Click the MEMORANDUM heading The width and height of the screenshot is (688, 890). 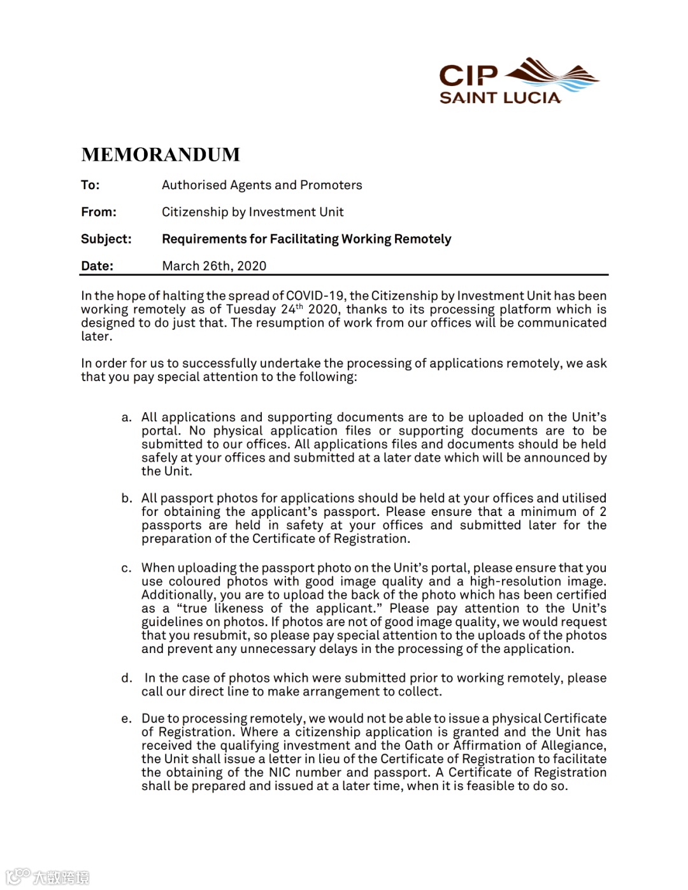(161, 155)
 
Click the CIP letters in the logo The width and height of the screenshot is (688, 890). (468, 76)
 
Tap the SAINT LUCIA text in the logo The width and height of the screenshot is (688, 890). (500, 98)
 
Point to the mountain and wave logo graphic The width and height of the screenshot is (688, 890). (552, 75)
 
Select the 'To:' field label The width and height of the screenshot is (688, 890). (90, 185)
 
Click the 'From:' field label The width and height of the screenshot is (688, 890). (99, 212)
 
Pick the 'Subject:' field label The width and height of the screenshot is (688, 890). (106, 239)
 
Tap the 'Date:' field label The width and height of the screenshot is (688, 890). (97, 266)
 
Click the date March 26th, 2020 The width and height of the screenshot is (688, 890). (214, 266)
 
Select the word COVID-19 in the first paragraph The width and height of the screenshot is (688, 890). (315, 296)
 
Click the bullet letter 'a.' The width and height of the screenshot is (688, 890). (127, 418)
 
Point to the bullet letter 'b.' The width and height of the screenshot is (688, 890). (127, 498)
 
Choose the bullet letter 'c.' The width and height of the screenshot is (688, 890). (127, 568)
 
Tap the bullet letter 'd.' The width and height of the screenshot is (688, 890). (127, 678)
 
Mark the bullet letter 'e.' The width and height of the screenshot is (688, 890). (127, 719)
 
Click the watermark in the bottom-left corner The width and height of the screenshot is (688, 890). (48, 877)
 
